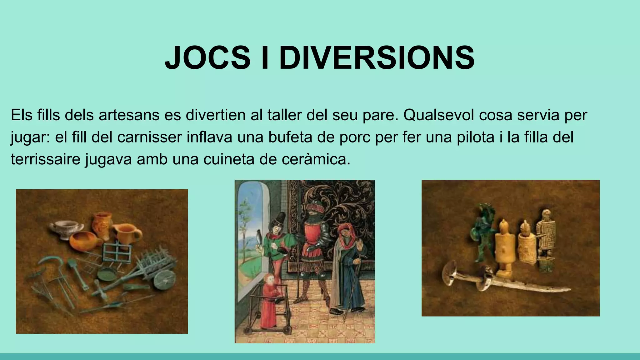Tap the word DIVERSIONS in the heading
(x=377, y=58)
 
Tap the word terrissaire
(x=44, y=159)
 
